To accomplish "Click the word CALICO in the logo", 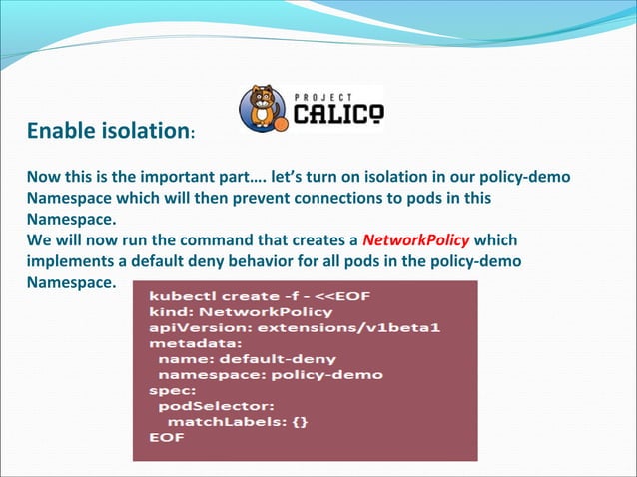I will [x=335, y=113].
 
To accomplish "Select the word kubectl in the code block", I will [x=178, y=296].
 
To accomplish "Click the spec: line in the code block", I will [x=169, y=390].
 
